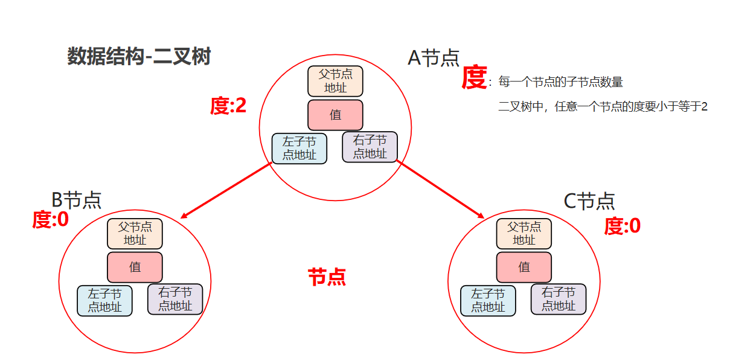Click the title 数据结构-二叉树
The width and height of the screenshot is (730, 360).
pyautogui.click(x=138, y=57)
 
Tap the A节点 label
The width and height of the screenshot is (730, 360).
pyautogui.click(x=434, y=58)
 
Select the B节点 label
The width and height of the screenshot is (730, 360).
pyautogui.click(x=76, y=200)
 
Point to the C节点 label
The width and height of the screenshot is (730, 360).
pyautogui.click(x=589, y=201)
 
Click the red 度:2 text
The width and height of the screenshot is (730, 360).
pyautogui.click(x=228, y=106)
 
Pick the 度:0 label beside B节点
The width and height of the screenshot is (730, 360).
pyautogui.click(x=50, y=220)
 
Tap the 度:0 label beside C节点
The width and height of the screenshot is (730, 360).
pyautogui.click(x=622, y=227)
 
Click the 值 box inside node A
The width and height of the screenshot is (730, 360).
pyautogui.click(x=335, y=115)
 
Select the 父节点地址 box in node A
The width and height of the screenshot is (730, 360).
pyautogui.click(x=335, y=81)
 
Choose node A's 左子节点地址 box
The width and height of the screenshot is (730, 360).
pyautogui.click(x=299, y=149)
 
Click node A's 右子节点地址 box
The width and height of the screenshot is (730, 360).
pyautogui.click(x=370, y=147)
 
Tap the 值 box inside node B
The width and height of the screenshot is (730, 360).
pyautogui.click(x=135, y=267)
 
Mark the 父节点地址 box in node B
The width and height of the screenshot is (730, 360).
pyautogui.click(x=135, y=234)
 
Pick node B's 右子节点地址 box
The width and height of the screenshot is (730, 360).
pyautogui.click(x=175, y=300)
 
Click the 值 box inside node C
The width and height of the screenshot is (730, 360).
pyautogui.click(x=523, y=267)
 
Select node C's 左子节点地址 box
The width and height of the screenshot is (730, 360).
pyautogui.click(x=488, y=301)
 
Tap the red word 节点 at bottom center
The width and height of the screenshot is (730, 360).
pyautogui.click(x=327, y=277)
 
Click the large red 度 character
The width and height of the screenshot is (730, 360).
pyautogui.click(x=474, y=77)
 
